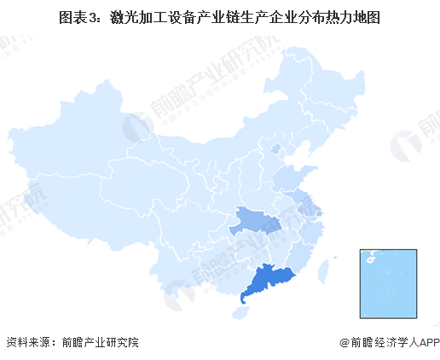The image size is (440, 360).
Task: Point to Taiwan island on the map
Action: [x=324, y=270]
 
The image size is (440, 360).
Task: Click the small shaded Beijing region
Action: [x=275, y=149]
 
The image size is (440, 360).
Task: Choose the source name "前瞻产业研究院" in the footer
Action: [x=99, y=343]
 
